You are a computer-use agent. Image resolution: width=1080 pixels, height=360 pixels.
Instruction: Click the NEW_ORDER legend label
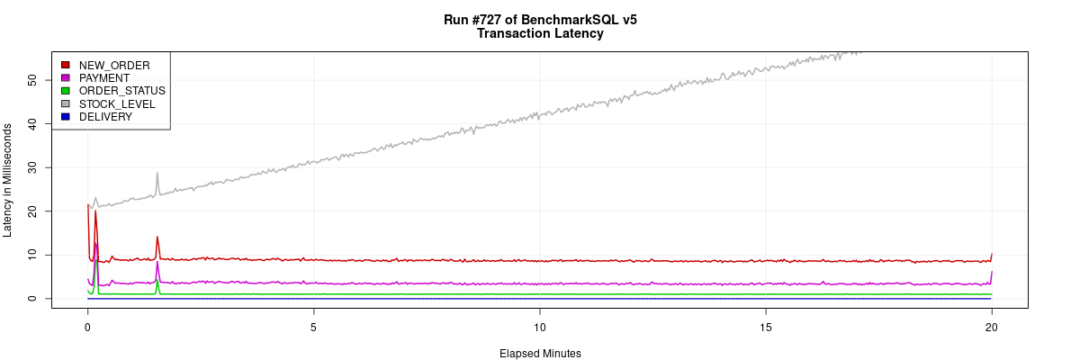click(x=114, y=65)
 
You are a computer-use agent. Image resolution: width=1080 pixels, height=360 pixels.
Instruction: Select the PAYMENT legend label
click(x=104, y=78)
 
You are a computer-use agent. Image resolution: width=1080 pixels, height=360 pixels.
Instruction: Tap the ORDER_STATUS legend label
click(x=121, y=91)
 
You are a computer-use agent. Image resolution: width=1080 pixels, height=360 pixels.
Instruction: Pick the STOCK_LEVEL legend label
click(x=117, y=104)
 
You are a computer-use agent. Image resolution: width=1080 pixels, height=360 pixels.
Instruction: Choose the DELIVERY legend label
click(x=105, y=117)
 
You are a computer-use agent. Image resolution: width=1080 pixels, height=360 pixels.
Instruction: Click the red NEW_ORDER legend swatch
click(x=66, y=65)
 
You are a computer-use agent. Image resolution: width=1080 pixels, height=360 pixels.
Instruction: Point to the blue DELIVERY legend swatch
click(x=66, y=117)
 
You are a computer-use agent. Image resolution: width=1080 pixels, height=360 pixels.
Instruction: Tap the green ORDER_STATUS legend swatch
click(x=66, y=91)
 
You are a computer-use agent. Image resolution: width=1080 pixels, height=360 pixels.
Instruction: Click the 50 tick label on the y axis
click(x=32, y=80)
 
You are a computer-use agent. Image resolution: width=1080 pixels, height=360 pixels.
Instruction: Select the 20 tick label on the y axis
click(x=32, y=211)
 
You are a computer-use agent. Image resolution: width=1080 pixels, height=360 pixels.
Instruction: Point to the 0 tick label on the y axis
click(x=32, y=298)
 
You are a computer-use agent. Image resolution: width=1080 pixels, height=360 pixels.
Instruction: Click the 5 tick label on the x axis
click(x=313, y=326)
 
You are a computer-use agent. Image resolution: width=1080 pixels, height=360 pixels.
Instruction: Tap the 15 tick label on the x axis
click(x=766, y=326)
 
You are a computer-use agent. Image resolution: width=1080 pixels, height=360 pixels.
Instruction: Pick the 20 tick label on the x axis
click(x=992, y=326)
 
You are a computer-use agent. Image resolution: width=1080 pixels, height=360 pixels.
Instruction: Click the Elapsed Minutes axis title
click(x=540, y=354)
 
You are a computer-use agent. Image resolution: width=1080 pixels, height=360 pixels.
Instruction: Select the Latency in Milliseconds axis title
click(x=8, y=180)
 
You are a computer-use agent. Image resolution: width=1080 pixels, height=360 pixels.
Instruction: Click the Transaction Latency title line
click(x=540, y=34)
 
